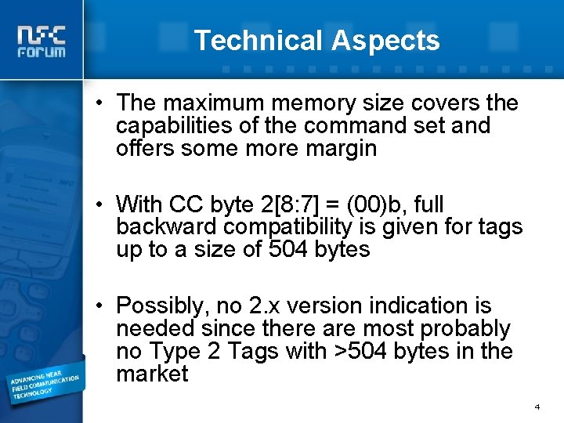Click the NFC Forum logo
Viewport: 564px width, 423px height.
click(43, 42)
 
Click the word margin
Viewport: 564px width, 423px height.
click(342, 148)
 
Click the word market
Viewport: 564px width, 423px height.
click(152, 374)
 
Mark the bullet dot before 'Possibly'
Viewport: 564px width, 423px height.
click(101, 305)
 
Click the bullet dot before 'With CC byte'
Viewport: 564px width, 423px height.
click(101, 204)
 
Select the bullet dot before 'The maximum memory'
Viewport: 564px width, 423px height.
click(101, 103)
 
